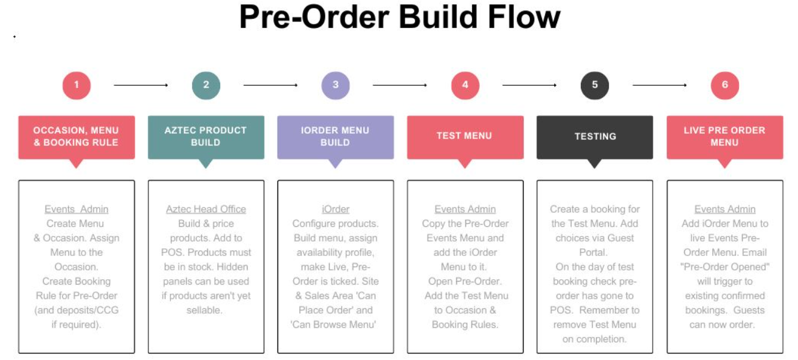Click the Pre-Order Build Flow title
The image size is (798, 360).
tap(400, 18)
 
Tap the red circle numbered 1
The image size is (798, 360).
tap(76, 85)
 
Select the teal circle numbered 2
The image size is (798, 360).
tap(206, 85)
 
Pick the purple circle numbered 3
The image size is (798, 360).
tap(336, 85)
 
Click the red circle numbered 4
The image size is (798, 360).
tap(465, 85)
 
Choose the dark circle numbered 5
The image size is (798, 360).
tap(595, 85)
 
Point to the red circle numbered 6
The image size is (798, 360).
tap(724, 85)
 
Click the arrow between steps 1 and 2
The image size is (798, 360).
tap(141, 85)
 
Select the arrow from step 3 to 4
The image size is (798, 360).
tap(400, 85)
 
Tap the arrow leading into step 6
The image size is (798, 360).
tap(660, 85)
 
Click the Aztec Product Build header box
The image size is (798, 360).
tap(206, 137)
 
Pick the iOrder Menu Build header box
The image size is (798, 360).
tap(336, 137)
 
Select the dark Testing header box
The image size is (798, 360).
tap(595, 137)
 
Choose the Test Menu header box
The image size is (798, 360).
tap(465, 137)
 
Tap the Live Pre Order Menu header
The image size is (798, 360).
tap(724, 137)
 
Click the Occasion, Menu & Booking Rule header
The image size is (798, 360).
tap(76, 137)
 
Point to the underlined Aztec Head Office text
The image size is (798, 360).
tap(206, 209)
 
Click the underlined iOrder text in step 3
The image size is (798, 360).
tap(336, 209)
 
